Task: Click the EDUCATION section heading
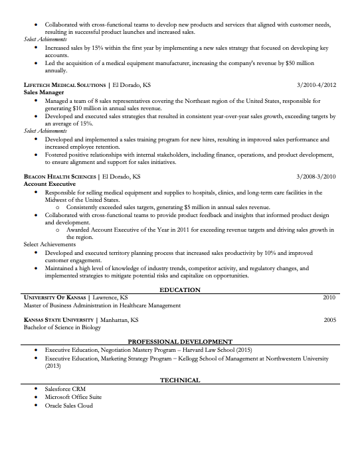pyautogui.click(x=180, y=290)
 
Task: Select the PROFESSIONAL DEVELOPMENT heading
pyautogui.click(x=180, y=341)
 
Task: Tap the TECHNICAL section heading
pyautogui.click(x=180, y=380)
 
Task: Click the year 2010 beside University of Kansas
pyautogui.click(x=329, y=297)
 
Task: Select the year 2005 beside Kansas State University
pyautogui.click(x=329, y=320)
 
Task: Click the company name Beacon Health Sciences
pyautogui.click(x=60, y=178)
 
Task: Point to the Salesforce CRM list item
pyautogui.click(x=64, y=388)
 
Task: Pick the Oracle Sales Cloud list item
pyautogui.click(x=69, y=405)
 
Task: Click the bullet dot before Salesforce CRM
pyautogui.click(x=36, y=388)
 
